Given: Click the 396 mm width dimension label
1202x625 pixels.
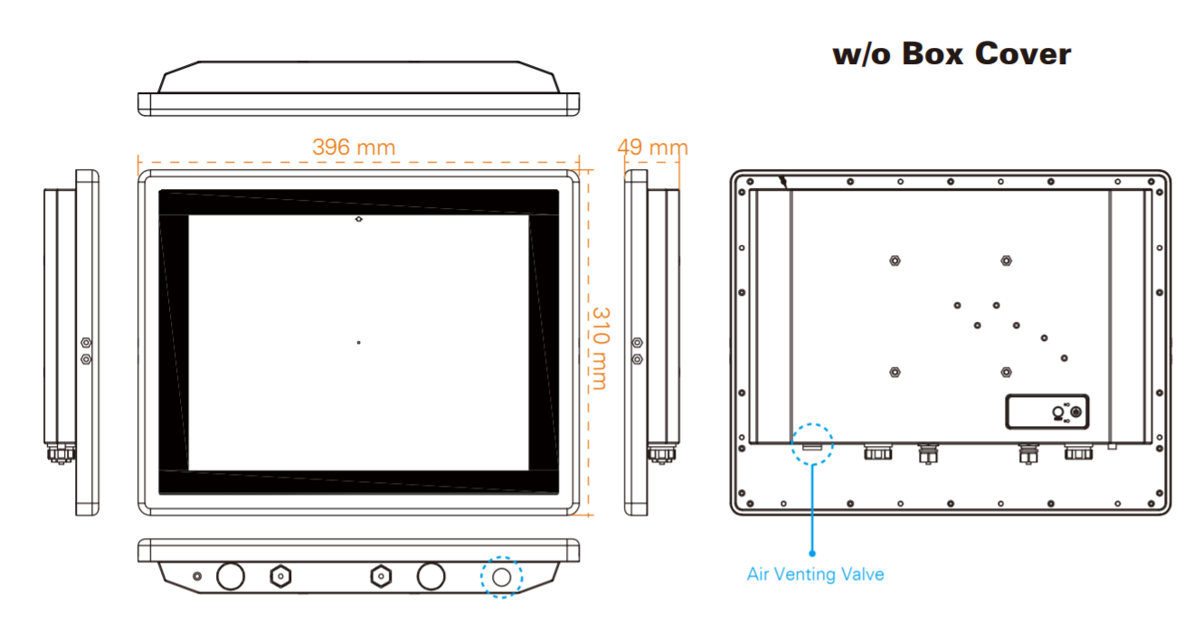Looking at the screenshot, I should click(354, 147).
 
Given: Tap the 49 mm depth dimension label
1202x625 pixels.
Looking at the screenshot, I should click(653, 147).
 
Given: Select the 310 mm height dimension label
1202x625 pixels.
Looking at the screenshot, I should click(599, 348).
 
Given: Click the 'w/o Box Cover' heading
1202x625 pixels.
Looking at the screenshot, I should click(951, 53).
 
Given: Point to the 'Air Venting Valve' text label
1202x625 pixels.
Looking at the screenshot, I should click(815, 573).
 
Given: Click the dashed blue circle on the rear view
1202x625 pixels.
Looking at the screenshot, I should click(812, 444).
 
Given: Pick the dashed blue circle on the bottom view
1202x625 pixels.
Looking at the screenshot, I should click(502, 576).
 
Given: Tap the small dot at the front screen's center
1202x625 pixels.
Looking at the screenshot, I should click(359, 342).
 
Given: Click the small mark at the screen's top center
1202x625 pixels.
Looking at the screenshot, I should click(359, 219).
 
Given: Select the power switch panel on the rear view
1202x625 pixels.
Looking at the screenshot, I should click(1048, 412).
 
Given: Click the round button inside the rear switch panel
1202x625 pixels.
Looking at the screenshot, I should click(1056, 412).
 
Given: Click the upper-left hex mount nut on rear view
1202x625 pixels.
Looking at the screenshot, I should click(894, 260).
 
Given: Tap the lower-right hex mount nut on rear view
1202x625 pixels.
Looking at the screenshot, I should click(1006, 372).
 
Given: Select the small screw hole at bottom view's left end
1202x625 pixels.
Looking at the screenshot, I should click(198, 575).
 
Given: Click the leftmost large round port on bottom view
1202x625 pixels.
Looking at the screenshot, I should click(231, 575).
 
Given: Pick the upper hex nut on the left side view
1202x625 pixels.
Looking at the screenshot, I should click(86, 343).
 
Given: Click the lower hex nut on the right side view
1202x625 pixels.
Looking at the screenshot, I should click(638, 359).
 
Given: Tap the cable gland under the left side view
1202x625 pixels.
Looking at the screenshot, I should click(61, 451).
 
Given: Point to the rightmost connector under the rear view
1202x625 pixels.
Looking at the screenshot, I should click(1076, 450).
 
